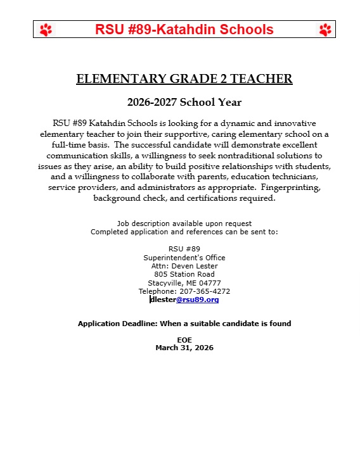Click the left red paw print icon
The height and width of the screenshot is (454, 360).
click(46, 30)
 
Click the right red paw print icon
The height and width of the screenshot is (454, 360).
click(325, 30)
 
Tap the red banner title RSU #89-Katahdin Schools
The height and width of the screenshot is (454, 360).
click(184, 30)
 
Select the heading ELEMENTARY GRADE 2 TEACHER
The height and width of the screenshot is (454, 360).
click(184, 79)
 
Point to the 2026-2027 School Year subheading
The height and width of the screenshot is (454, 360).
click(184, 102)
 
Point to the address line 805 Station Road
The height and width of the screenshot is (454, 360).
click(184, 274)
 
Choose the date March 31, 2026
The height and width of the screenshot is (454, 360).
click(184, 348)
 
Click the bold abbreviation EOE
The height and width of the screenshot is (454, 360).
click(184, 340)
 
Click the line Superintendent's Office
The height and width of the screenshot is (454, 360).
click(184, 258)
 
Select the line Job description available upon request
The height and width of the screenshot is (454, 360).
click(184, 224)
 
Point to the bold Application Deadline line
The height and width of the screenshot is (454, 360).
click(184, 324)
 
